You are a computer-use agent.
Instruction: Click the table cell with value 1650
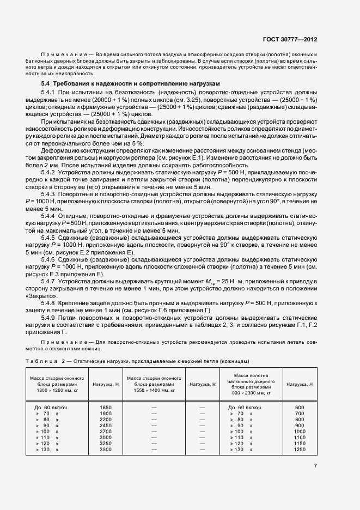(x=106, y=407)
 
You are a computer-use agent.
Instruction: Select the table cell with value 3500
(x=106, y=450)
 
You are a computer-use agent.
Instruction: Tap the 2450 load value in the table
(x=106, y=426)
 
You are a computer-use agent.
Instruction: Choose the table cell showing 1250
(x=300, y=450)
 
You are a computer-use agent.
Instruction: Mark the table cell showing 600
(x=300, y=407)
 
